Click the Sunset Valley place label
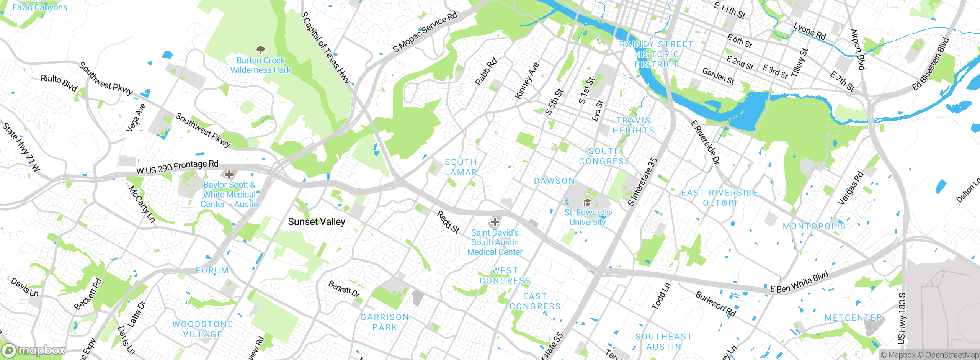[x=316, y=222]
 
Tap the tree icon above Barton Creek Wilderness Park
[x=261, y=50]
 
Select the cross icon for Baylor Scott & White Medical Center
[x=229, y=175]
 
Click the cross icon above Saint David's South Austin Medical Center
[x=495, y=222]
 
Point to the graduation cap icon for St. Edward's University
[x=587, y=202]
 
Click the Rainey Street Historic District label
[x=656, y=54]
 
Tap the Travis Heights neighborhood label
[x=633, y=126]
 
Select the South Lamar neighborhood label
[x=461, y=167]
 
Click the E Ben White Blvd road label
[x=799, y=283]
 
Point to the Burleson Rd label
[x=715, y=304]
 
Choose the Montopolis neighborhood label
[x=814, y=226]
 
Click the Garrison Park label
[x=385, y=322]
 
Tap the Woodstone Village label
[x=203, y=329]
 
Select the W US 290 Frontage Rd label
[x=178, y=167]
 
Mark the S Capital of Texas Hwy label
[x=325, y=47]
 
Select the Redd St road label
[x=448, y=222]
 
